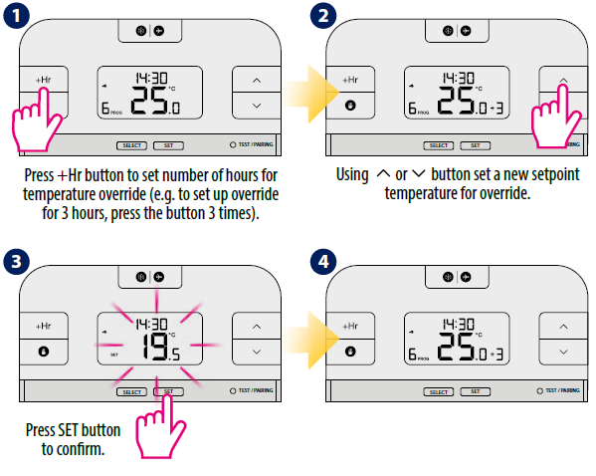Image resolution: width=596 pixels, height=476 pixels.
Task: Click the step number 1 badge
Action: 16,16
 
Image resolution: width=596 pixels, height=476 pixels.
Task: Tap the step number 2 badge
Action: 323,16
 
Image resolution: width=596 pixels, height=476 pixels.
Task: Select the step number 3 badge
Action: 16,262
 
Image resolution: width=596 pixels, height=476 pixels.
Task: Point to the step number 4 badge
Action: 323,262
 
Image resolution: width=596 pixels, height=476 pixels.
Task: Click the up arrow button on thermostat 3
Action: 257,326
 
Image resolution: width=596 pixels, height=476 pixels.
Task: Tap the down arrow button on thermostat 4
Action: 563,352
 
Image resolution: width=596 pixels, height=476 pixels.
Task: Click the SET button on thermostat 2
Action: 476,145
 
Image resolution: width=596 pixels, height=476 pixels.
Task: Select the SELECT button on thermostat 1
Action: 131,145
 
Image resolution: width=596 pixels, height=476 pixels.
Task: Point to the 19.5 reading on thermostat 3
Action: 160,347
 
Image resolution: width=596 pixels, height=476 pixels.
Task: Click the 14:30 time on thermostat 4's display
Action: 459,325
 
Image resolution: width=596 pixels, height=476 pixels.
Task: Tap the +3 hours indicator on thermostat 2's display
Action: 497,109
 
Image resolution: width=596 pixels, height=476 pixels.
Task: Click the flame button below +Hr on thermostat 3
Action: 44,352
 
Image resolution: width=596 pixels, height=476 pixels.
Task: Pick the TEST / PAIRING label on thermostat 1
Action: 256,144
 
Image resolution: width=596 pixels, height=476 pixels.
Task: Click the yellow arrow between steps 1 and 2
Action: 310,94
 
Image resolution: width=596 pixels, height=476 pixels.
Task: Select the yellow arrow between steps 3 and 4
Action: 310,340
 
